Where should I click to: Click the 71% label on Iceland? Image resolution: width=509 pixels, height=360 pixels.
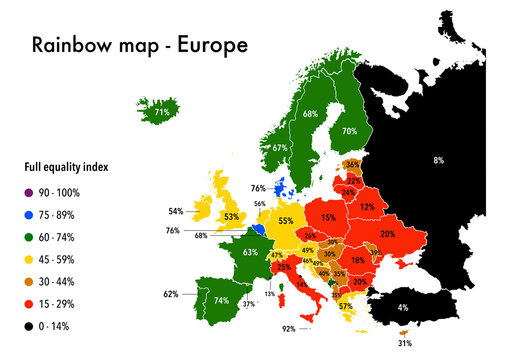(161, 114)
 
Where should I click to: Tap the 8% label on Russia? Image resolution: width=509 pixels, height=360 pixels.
(438, 160)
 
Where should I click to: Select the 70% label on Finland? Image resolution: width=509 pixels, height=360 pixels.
(350, 131)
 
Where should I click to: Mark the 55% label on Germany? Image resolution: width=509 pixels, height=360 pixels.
(286, 221)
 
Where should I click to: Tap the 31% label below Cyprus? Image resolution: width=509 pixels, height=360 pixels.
(404, 344)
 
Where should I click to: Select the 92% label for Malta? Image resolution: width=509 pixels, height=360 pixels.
(289, 329)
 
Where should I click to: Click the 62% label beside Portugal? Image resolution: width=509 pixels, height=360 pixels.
(171, 295)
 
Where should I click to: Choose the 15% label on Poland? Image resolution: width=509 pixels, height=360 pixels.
(328, 216)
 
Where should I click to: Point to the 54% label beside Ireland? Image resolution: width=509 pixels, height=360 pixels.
(175, 212)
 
